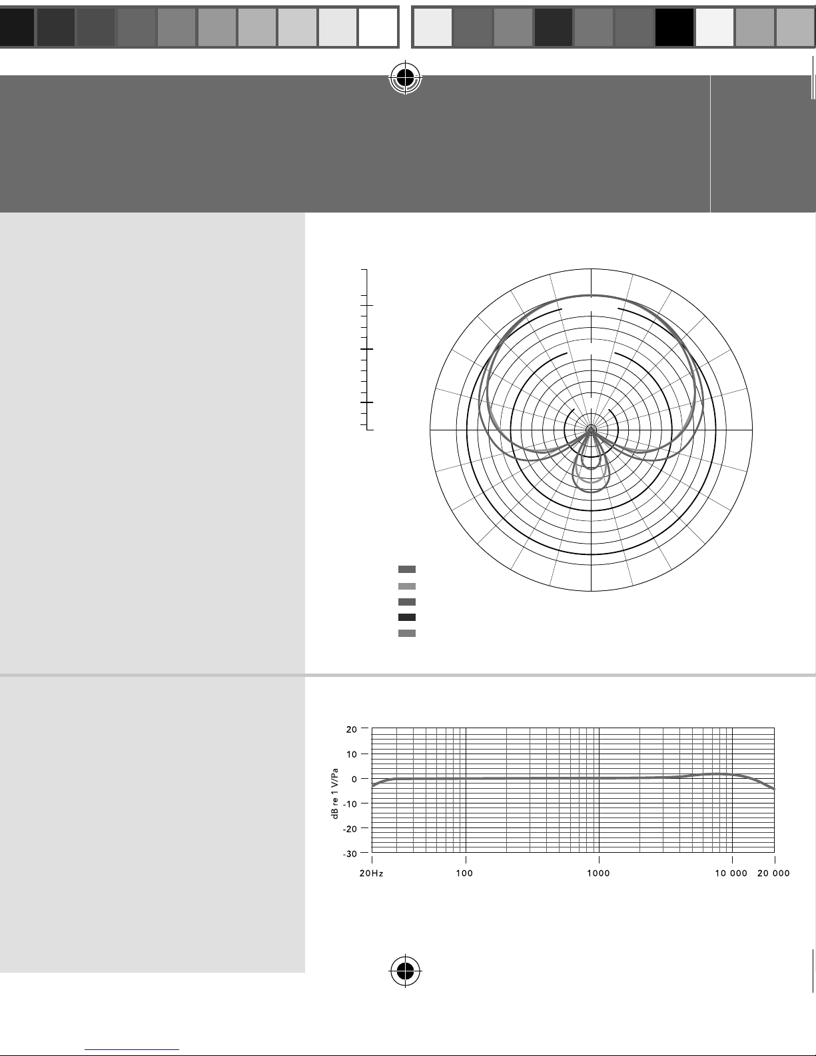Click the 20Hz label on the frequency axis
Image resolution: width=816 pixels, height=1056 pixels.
(x=371, y=873)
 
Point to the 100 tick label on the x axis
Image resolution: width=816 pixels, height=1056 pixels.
(x=464, y=873)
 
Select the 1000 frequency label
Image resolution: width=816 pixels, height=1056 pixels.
(x=598, y=873)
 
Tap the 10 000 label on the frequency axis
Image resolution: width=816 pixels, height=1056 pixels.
(x=731, y=873)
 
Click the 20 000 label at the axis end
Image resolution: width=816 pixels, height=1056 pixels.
(x=773, y=873)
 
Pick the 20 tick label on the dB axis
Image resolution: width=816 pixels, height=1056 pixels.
(x=351, y=730)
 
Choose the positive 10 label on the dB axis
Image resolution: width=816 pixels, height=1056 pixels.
(x=351, y=754)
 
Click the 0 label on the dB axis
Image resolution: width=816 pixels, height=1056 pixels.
(x=354, y=779)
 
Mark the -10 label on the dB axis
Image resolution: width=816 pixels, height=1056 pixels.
(x=350, y=804)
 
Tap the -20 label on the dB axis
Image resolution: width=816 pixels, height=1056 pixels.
(x=350, y=829)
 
